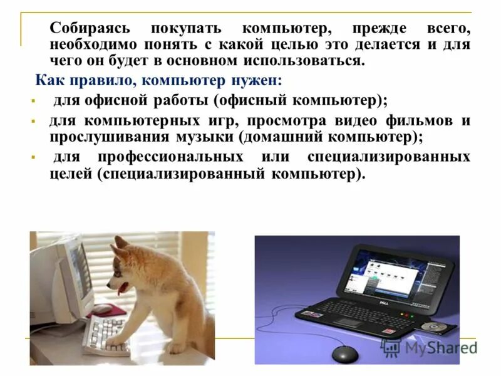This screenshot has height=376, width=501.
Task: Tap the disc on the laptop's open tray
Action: [x=432, y=327]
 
